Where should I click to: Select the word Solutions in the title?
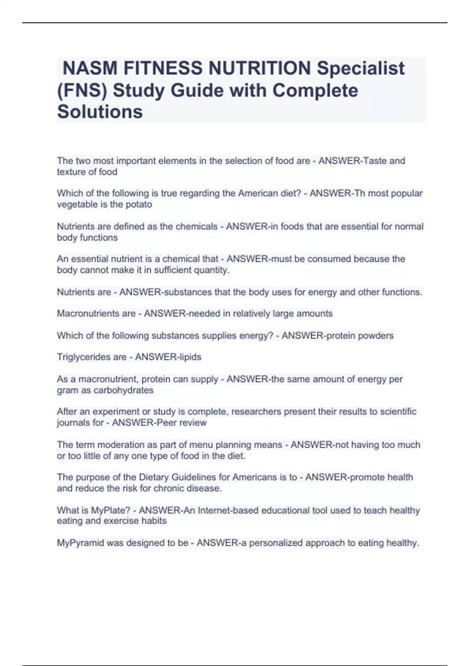point(100,112)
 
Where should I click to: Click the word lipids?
point(190,357)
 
